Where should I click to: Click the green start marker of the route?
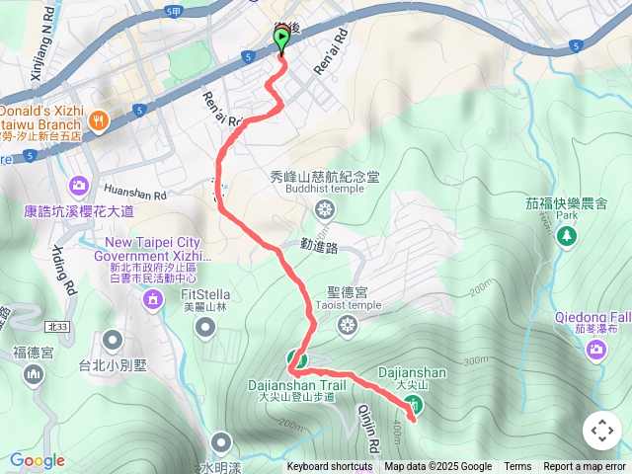click(281, 39)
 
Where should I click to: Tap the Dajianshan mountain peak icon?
click(415, 403)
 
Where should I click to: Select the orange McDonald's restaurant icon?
click(98, 120)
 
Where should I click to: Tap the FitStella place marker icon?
click(205, 327)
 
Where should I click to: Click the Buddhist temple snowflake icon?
click(323, 208)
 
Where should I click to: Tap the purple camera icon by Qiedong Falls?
click(596, 349)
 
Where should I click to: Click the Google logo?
click(38, 460)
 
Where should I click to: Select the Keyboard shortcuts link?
click(330, 467)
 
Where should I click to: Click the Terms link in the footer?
click(517, 467)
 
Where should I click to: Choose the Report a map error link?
click(585, 467)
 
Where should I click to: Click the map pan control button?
click(601, 431)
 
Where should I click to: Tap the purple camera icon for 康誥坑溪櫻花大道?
click(78, 185)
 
